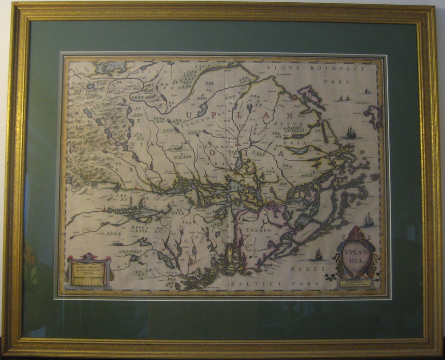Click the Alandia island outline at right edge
(x=374, y=116)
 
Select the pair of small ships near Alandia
(x=344, y=98)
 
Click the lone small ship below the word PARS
(x=367, y=91)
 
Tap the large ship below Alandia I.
(x=351, y=133)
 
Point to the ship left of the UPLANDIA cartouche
(x=318, y=254)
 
